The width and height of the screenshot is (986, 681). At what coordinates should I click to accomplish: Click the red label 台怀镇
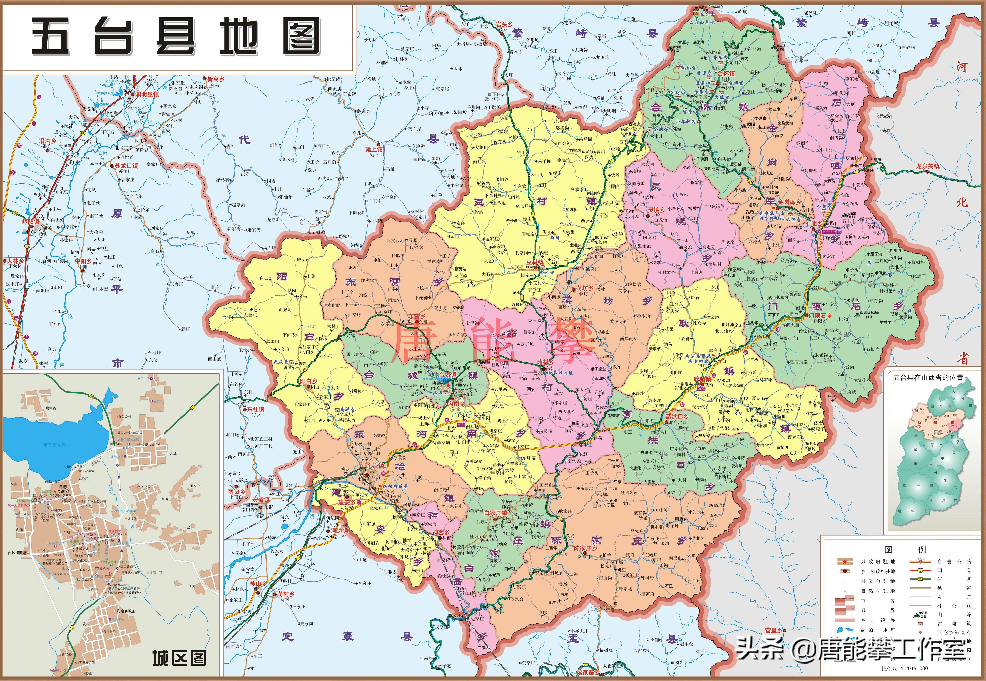[726, 73]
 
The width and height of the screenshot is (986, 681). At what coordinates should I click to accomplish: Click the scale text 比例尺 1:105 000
[905, 668]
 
